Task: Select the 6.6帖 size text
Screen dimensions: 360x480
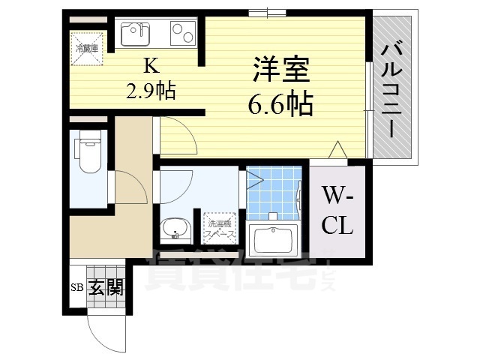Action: [280, 105]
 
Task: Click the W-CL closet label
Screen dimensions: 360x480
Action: [338, 211]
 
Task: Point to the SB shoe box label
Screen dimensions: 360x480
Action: [76, 287]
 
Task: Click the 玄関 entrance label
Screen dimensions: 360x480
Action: [106, 287]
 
